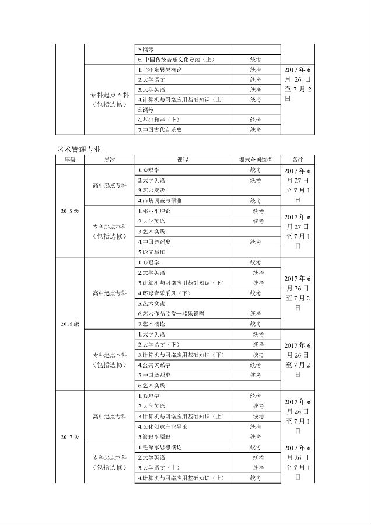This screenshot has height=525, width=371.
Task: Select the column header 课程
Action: (183, 159)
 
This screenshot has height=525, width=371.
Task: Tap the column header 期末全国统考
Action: (256, 159)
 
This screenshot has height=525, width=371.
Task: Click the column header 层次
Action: (110, 159)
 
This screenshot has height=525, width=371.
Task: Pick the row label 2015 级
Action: (70, 211)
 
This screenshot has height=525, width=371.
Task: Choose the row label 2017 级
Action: (70, 436)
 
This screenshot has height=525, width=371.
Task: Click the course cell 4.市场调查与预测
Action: (162, 201)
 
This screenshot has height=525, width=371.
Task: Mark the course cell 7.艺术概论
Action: (151, 323)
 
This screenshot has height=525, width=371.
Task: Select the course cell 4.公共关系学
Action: (155, 365)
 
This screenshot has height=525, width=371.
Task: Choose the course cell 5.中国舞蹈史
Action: (155, 375)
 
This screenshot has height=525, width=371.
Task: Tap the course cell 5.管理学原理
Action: (157, 436)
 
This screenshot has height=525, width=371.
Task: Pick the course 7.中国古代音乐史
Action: (160, 129)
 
